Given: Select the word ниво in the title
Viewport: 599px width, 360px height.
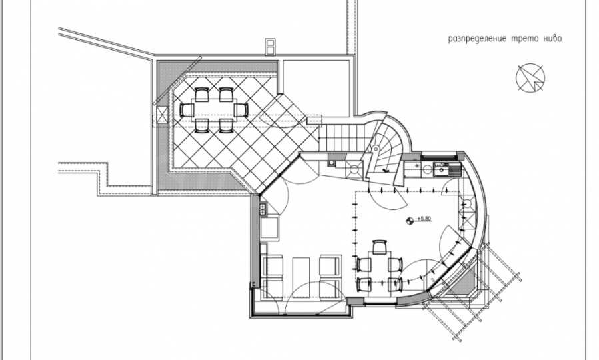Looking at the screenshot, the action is coord(552,39).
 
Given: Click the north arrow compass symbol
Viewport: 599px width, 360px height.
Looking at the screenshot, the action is coord(530,77).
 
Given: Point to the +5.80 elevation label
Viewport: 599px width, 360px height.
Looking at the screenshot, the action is coord(424,219).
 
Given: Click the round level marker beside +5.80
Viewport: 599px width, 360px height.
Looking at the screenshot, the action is coord(410,220).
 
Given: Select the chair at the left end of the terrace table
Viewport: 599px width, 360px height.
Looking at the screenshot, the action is coord(187,110).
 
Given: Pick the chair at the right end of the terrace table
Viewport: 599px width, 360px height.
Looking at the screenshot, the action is coord(241,110).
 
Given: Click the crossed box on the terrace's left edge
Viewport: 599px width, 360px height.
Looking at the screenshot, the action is coord(162,115).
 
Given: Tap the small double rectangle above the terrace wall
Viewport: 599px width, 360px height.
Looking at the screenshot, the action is coord(270,46).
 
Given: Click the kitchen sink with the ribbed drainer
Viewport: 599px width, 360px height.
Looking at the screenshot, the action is coord(447,169).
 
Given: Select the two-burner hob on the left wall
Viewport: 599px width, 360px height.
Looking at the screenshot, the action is coord(263,209).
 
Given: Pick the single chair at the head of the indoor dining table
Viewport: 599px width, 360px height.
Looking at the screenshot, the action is coord(380,247).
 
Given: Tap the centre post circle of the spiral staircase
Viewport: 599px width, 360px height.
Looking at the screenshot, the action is coord(375,149).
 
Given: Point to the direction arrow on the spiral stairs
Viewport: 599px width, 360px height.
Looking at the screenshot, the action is coord(386,170).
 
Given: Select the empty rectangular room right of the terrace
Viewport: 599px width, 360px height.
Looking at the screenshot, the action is coord(316,87).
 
